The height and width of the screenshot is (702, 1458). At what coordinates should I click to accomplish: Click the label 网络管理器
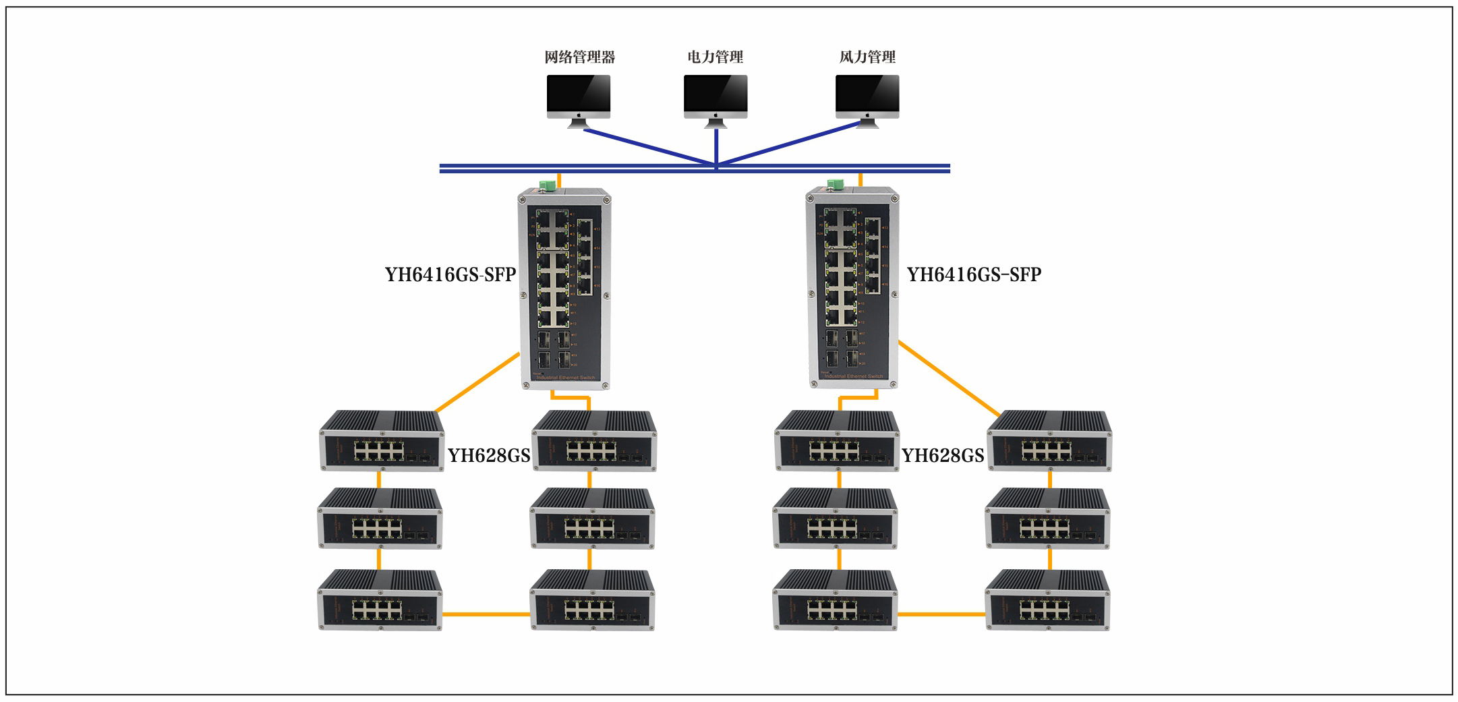(579, 57)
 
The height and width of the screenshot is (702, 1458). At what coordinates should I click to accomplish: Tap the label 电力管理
(715, 57)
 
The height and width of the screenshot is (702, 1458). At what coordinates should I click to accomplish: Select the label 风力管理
(867, 57)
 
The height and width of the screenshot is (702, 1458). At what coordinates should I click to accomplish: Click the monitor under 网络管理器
(579, 98)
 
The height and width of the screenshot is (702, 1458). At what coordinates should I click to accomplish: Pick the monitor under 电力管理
(716, 98)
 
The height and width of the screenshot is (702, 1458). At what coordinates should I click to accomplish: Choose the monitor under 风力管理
(867, 98)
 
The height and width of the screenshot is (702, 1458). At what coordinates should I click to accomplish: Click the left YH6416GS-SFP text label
(450, 275)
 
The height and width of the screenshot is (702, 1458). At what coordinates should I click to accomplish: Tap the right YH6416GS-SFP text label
(974, 275)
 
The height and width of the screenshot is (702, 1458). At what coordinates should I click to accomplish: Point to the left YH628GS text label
(489, 456)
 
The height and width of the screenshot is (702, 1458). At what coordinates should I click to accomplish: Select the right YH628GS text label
(943, 456)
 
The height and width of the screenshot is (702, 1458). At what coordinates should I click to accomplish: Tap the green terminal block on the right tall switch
(836, 183)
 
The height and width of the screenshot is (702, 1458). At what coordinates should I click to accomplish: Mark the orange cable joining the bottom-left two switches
(486, 614)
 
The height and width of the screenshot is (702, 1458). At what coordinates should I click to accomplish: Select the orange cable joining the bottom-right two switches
(941, 614)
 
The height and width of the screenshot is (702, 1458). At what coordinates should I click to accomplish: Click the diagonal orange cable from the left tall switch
(477, 382)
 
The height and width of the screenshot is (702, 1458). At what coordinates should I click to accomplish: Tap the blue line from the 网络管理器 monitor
(647, 146)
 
